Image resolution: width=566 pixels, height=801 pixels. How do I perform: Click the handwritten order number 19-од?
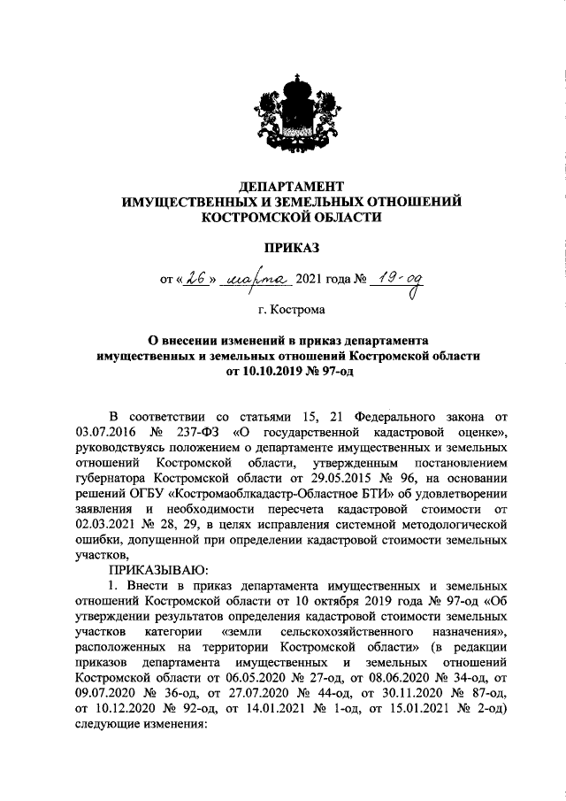pyautogui.click(x=397, y=280)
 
